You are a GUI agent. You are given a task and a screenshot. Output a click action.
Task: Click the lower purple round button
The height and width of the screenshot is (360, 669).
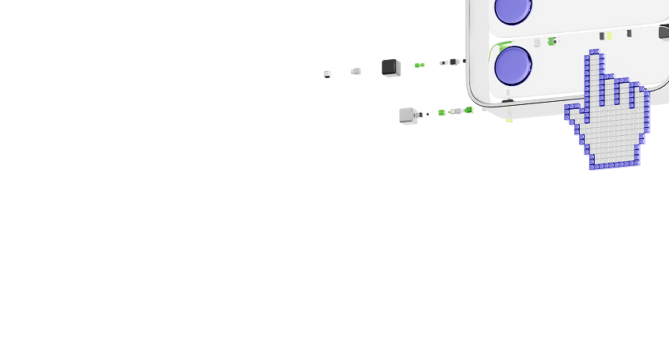513,66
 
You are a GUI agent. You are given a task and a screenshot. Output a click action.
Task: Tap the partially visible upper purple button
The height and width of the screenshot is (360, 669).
514,8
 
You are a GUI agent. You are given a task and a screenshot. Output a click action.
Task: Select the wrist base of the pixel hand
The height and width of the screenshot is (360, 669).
614,162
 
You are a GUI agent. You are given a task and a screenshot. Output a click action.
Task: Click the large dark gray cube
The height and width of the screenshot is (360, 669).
390,67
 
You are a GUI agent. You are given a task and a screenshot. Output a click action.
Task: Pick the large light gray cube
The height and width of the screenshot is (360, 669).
408,114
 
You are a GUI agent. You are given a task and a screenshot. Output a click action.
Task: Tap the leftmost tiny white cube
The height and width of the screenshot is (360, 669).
327,74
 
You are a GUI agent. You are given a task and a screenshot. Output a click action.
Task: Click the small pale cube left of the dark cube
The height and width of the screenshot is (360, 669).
356,71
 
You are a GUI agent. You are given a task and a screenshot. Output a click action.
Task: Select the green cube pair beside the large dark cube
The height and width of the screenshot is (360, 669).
420,66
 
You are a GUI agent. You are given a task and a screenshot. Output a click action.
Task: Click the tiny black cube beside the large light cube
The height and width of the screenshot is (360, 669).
428,114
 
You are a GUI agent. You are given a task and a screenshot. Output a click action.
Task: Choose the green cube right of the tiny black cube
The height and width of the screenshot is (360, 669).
442,113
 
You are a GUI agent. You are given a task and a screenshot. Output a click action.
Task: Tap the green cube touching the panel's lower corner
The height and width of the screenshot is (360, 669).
469,111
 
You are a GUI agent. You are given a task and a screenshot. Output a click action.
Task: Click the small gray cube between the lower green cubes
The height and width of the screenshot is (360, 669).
455,111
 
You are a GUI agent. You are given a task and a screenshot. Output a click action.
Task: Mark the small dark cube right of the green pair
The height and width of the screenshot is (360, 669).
454,62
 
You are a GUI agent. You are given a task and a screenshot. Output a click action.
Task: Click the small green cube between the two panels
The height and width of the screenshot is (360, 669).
551,41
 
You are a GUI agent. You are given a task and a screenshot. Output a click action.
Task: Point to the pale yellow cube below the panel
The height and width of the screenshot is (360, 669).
510,119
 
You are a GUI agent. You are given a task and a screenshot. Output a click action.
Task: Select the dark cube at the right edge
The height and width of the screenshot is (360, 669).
663,33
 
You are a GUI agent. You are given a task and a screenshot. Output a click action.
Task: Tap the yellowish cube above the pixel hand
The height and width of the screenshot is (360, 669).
608,36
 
